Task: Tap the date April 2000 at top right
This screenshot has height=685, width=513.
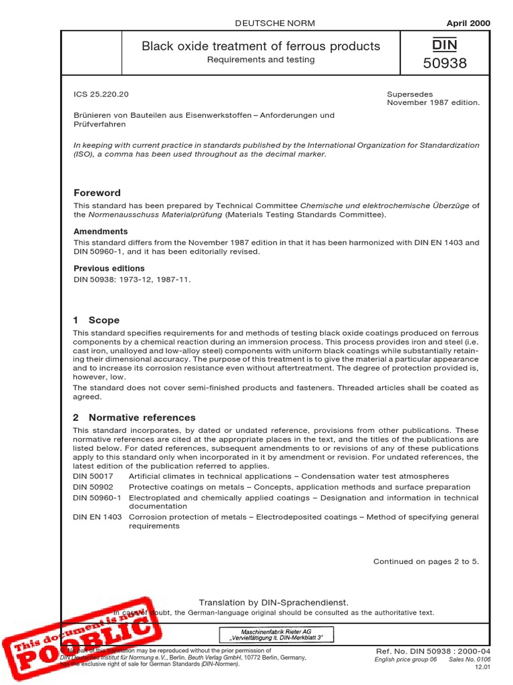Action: (x=467, y=23)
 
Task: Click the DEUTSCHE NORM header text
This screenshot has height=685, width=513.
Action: (x=275, y=23)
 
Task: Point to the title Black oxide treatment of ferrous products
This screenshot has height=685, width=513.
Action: (x=261, y=46)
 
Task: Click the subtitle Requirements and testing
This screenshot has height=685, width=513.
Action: (x=261, y=60)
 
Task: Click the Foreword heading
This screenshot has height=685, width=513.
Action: (x=97, y=193)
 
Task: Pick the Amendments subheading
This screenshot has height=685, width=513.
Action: (x=100, y=231)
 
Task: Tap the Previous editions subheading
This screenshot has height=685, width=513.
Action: (x=109, y=268)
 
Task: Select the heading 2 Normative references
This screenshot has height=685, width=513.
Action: (x=134, y=417)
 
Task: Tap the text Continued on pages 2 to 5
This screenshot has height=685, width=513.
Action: (x=425, y=561)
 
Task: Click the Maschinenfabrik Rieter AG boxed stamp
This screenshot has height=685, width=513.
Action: (x=277, y=634)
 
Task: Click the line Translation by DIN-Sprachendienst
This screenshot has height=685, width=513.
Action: (x=274, y=603)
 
